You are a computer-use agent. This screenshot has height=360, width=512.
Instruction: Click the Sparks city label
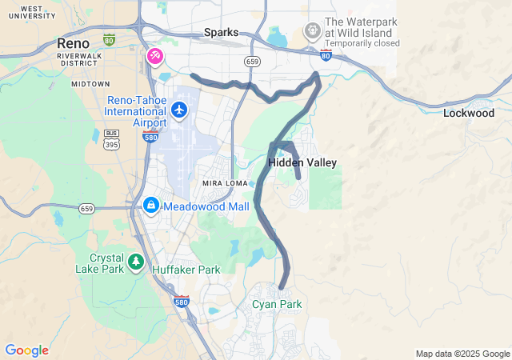pos(221,32)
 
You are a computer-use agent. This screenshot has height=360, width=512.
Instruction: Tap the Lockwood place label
pos(468,114)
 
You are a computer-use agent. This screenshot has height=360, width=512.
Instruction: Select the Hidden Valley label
pos(302,162)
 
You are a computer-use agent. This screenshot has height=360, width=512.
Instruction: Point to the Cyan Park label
pos(277,304)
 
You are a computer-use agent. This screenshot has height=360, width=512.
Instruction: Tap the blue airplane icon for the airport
pos(179,109)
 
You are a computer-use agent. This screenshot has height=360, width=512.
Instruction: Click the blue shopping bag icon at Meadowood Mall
pos(150,206)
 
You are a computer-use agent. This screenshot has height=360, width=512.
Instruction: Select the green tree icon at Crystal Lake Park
pos(136,261)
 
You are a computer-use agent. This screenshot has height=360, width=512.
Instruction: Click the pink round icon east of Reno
pos(154,56)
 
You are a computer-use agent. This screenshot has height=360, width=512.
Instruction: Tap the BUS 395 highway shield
pos(112,138)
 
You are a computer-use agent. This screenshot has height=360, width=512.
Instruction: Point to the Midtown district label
pos(90,83)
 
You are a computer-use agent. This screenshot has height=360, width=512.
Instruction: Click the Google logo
pos(26,350)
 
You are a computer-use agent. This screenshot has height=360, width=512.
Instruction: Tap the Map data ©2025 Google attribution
pos(462,354)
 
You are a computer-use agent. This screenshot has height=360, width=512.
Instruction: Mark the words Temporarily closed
pos(362,43)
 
